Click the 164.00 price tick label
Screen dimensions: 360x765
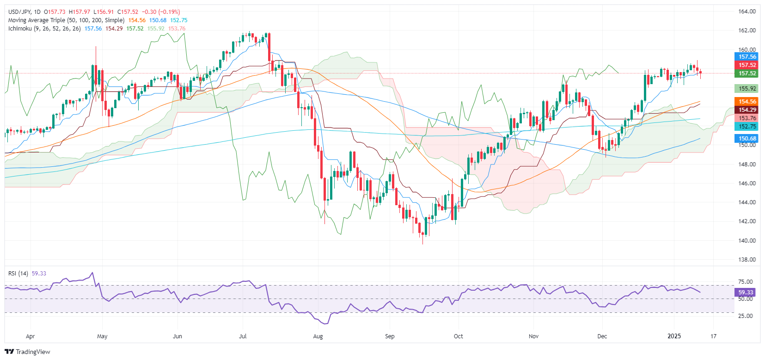coord(747,12)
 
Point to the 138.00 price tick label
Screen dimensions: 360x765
coord(747,259)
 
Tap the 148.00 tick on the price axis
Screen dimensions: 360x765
coord(747,164)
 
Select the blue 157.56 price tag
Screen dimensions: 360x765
coord(747,57)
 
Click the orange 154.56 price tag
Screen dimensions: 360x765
coord(747,102)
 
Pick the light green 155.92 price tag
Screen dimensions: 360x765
coord(747,88)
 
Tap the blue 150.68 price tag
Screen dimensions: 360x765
coord(747,138)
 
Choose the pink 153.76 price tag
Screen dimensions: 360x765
coord(747,118)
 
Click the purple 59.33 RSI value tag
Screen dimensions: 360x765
coord(745,292)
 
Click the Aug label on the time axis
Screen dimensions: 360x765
coord(318,336)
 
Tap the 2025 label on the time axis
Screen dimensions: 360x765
coord(674,336)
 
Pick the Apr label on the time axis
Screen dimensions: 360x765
coord(30,336)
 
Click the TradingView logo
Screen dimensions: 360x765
coord(27,352)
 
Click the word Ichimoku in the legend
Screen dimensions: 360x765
coord(20,29)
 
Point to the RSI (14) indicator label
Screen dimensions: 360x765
coord(18,274)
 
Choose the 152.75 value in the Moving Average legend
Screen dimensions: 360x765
coord(178,20)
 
